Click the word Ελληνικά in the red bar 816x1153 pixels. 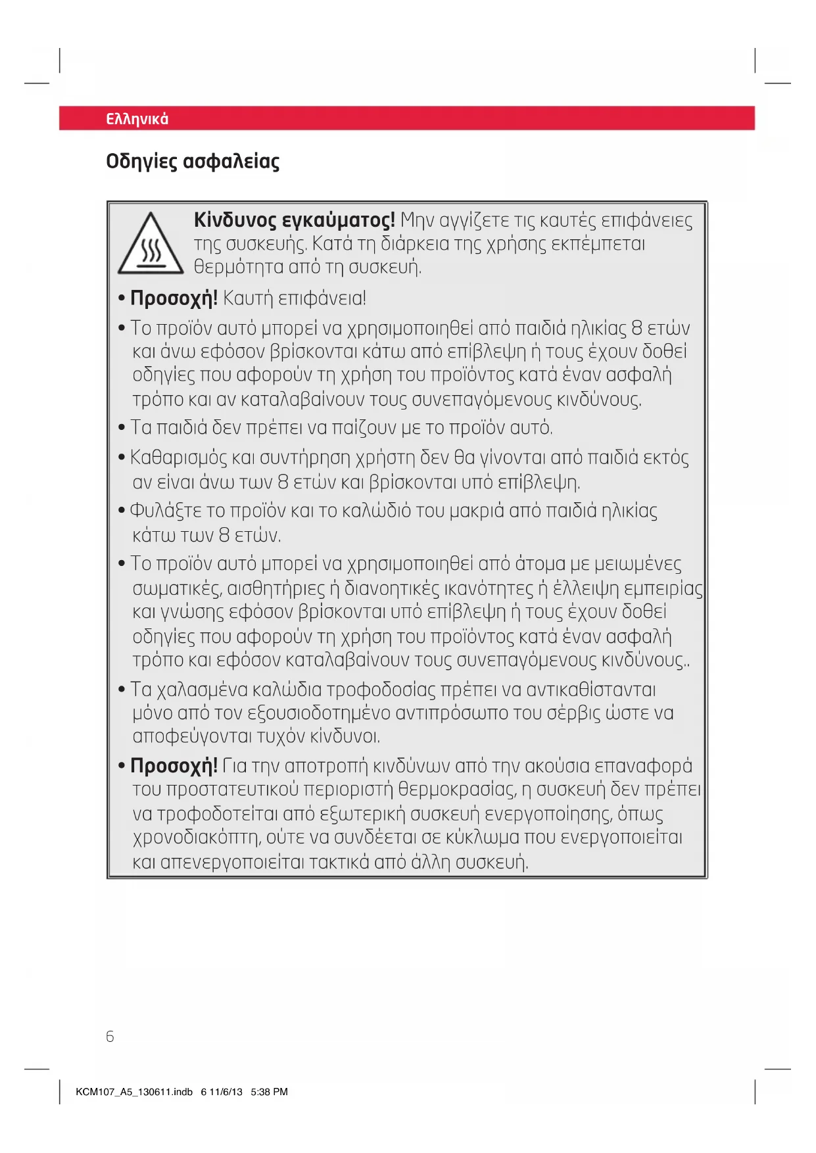click(x=137, y=119)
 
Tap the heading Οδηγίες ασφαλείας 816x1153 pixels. click(x=193, y=162)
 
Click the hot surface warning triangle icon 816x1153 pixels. click(x=151, y=245)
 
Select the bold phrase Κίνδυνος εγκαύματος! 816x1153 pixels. click(x=294, y=220)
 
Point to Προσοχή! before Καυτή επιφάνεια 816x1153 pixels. click(x=174, y=298)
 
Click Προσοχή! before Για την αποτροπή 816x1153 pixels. click(x=174, y=766)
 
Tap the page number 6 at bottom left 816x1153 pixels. click(x=110, y=1037)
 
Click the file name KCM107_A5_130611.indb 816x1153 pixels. click(x=134, y=1092)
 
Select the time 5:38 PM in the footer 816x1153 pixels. click(x=269, y=1092)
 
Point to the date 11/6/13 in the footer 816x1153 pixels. click(x=226, y=1092)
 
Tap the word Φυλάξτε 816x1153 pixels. click(x=158, y=511)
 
